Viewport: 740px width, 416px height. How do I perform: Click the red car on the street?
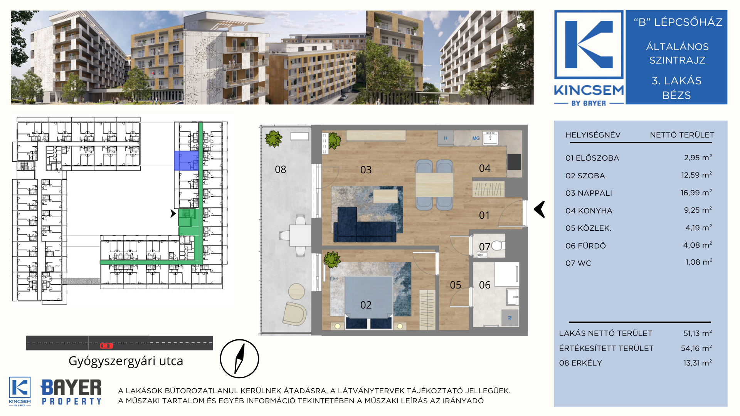[106, 346]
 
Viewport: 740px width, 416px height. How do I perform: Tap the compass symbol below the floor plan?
[239, 359]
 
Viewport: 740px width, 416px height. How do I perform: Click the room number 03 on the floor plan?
[366, 170]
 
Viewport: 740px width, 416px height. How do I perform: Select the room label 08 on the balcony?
[280, 169]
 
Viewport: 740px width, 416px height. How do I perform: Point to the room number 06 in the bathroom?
[484, 285]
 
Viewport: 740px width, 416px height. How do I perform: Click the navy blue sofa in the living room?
[364, 226]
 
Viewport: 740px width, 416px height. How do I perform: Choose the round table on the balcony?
[296, 292]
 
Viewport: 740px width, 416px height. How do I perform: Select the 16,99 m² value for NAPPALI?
[696, 193]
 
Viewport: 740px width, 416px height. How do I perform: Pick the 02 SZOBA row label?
[585, 176]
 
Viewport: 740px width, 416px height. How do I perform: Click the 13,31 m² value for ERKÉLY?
[697, 363]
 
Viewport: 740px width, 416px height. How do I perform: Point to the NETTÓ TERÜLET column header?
[682, 135]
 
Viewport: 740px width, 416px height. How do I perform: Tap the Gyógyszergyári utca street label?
[126, 361]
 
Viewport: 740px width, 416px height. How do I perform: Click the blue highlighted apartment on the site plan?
[186, 161]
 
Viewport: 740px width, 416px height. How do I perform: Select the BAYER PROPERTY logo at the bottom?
[71, 391]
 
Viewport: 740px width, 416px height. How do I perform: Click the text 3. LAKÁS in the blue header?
[676, 81]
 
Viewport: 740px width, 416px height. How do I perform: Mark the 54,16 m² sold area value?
[696, 348]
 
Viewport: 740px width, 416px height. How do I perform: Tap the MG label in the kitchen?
[476, 138]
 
